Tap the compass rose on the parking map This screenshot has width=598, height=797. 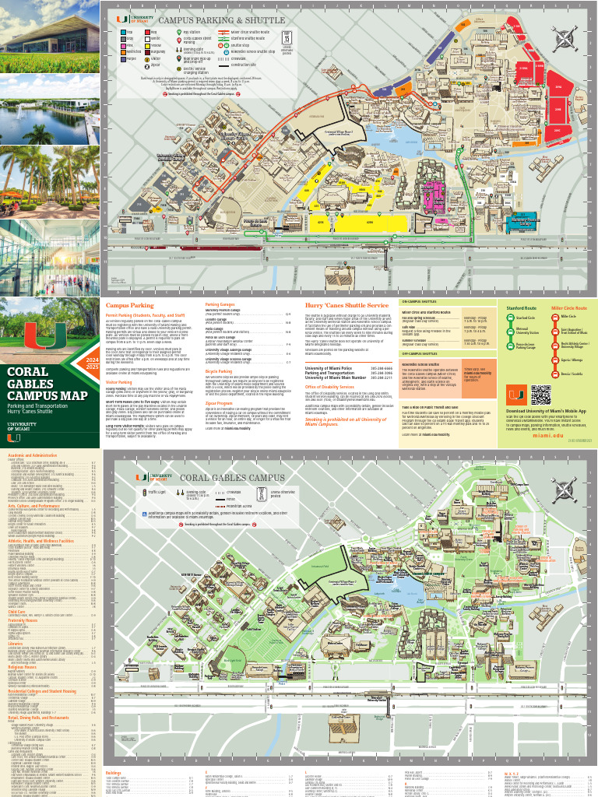[x=567, y=37]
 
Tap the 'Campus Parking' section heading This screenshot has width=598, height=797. [x=130, y=306]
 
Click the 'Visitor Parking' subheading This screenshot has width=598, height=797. [x=121, y=382]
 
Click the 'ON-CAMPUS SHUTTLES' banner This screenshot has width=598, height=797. [x=420, y=300]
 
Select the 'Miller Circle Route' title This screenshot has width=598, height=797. [x=568, y=308]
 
